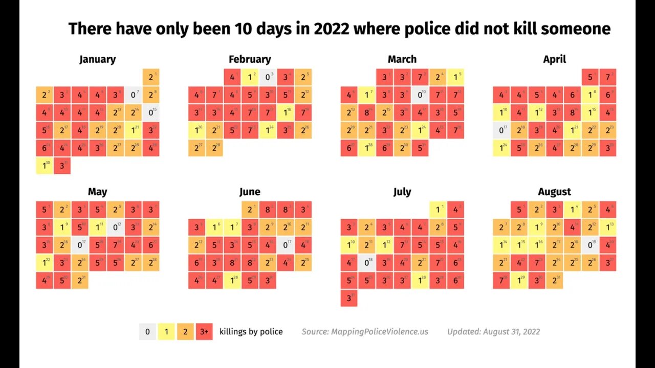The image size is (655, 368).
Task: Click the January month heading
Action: pos(97,59)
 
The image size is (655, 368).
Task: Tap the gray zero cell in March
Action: pos(420,95)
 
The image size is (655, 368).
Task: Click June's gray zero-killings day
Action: pos(286,245)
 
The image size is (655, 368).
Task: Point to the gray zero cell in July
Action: pos(366,263)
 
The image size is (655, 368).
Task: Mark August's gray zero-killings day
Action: pos(590,245)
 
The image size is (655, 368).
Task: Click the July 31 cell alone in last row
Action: pos(349,298)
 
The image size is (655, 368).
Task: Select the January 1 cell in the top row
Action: pos(151,77)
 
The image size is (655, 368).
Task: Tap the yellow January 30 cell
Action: pos(44,166)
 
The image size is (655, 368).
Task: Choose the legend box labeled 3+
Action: pos(204,332)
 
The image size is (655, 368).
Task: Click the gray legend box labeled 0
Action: pos(147,332)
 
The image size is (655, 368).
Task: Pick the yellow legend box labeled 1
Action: pos(166,332)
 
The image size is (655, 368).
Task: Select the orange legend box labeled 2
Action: pos(185,332)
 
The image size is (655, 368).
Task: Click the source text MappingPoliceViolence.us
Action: pos(365,332)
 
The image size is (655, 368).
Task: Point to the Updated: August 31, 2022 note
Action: pos(493,332)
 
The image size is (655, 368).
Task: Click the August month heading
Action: pos(554,192)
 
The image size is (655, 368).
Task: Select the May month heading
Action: pos(97,192)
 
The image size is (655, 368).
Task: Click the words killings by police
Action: pos(251,332)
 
